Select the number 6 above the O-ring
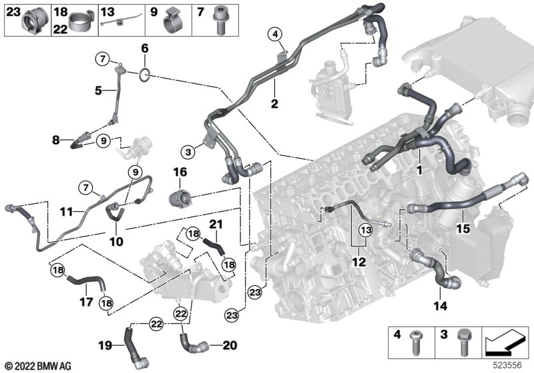coord(144,49)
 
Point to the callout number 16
coord(181,173)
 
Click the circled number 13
coord(364,230)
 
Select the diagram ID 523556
coord(511,365)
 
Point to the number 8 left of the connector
coord(56,140)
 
